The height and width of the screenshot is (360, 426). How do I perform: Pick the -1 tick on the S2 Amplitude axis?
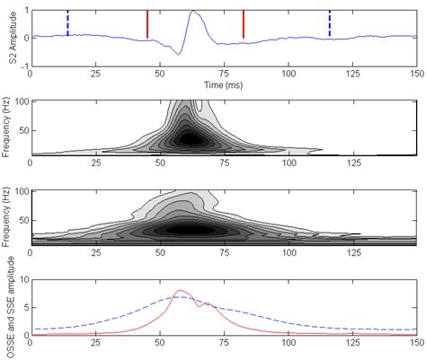(22, 66)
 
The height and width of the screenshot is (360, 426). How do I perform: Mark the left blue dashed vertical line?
(67, 23)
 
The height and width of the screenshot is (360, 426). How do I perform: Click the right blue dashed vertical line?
(329, 23)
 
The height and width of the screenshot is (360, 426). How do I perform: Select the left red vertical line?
(147, 24)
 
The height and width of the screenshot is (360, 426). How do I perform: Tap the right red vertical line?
(243, 24)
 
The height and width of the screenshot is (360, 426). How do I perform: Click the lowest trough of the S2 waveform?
(180, 54)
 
